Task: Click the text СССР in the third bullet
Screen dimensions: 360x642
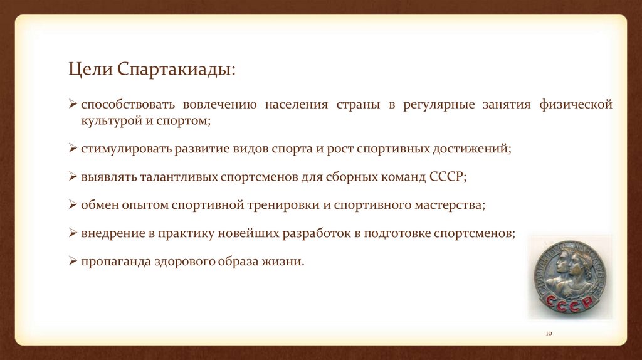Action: point(447,177)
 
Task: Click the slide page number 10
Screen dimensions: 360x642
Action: point(547,333)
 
